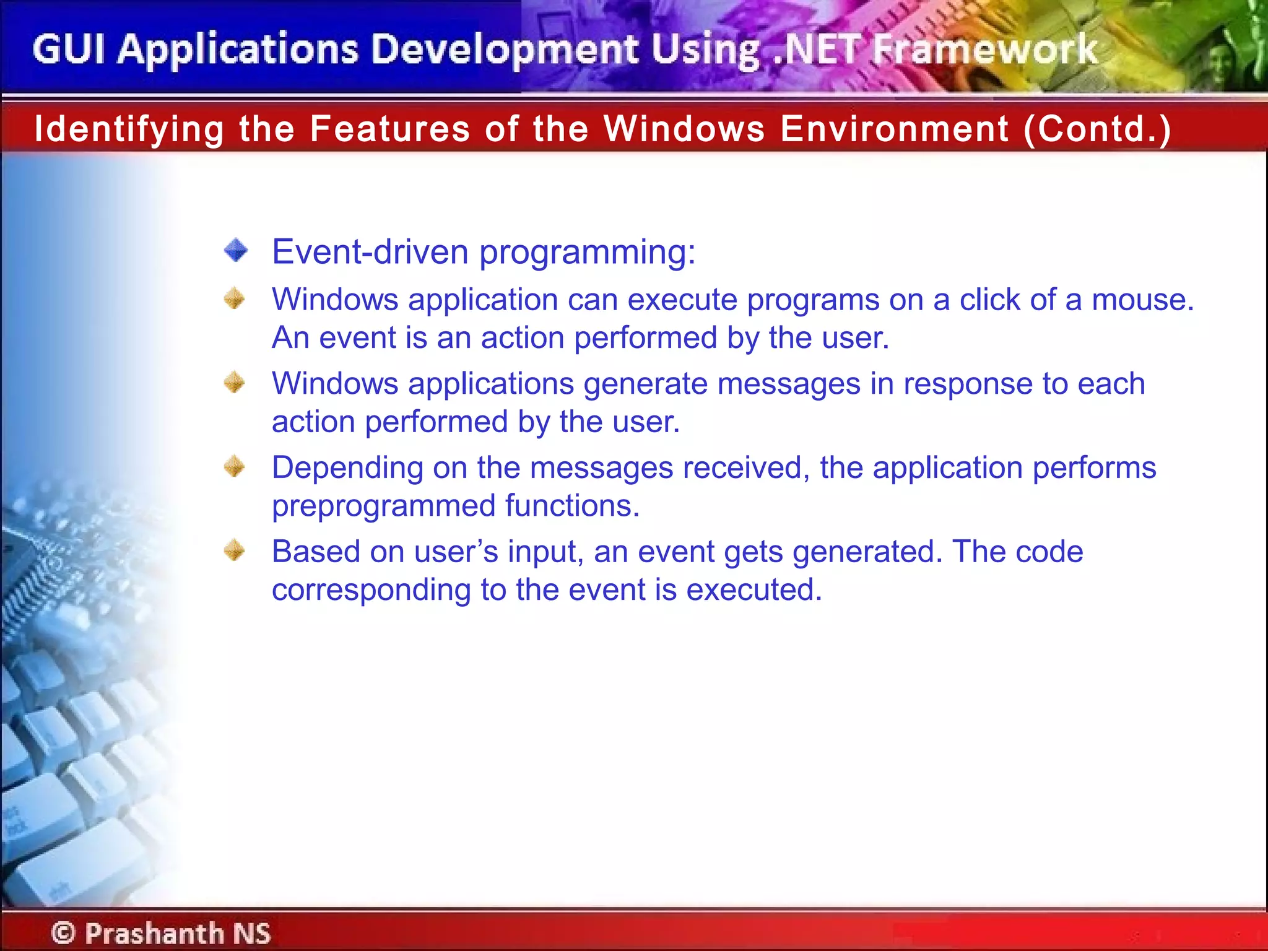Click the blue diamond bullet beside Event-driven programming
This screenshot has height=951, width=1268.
pos(236,251)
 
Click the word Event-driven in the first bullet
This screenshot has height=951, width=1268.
pos(370,252)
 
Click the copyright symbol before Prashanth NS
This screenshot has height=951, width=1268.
pos(63,932)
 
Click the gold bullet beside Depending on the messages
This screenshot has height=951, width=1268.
pos(235,466)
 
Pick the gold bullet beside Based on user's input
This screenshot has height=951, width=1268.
pos(235,550)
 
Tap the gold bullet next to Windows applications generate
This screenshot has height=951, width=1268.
pos(235,382)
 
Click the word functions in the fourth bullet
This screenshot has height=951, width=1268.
pos(571,506)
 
